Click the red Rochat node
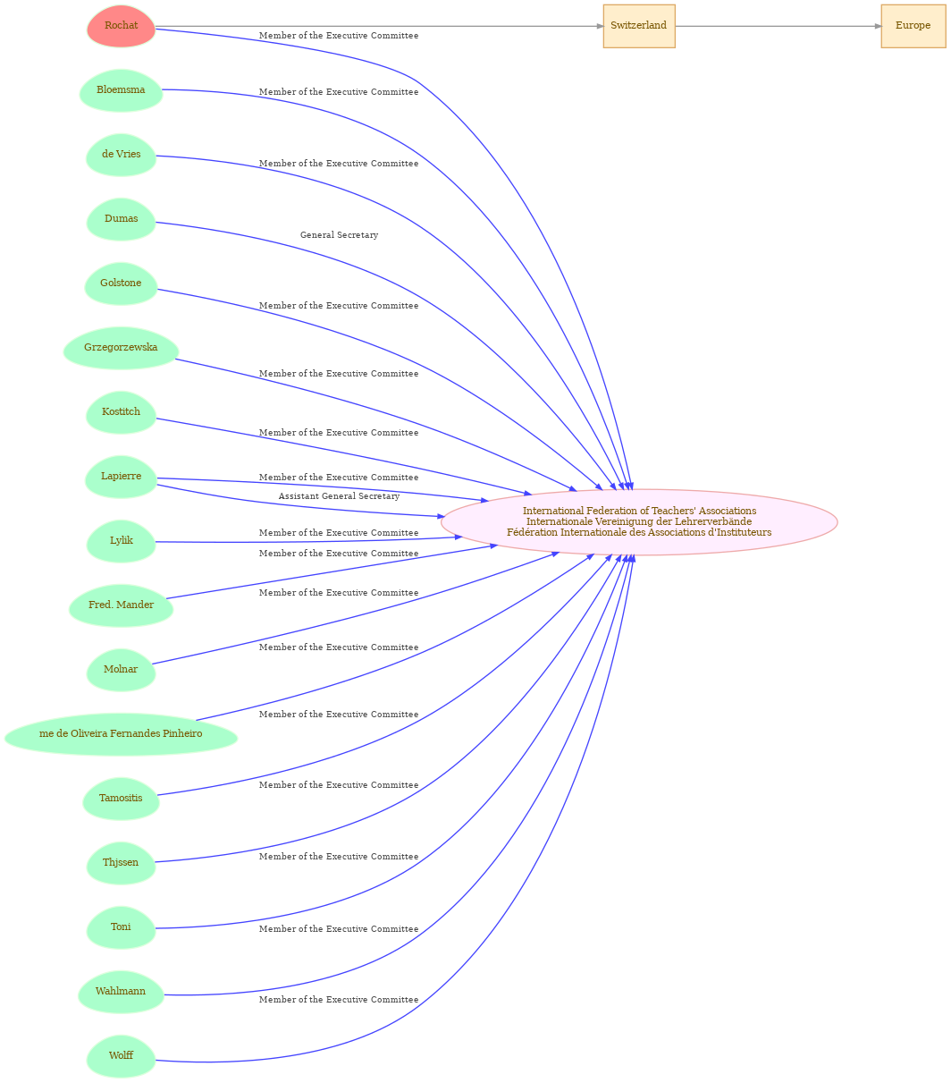(x=121, y=26)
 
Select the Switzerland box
(x=638, y=26)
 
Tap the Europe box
(x=913, y=26)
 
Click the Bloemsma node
(x=121, y=90)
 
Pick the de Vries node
(x=121, y=155)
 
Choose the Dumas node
(x=121, y=219)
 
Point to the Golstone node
(x=121, y=283)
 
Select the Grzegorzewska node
(x=121, y=348)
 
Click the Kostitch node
(x=121, y=412)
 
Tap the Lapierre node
(x=121, y=477)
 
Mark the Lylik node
(x=121, y=541)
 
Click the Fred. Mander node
(x=121, y=605)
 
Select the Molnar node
(x=121, y=670)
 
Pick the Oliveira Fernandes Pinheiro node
(x=121, y=734)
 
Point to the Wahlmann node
(x=121, y=992)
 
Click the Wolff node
(x=121, y=1056)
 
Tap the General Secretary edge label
(x=339, y=234)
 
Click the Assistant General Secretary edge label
(x=339, y=496)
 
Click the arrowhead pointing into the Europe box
(x=878, y=26)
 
